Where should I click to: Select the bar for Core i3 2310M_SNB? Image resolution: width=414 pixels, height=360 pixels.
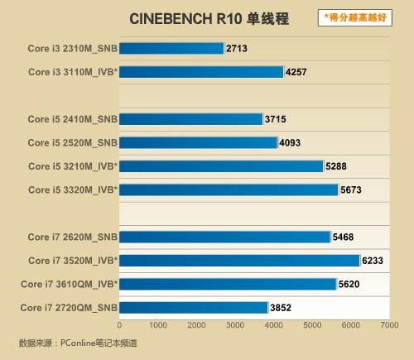point(171,49)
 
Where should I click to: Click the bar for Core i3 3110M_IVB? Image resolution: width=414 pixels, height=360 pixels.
point(201,72)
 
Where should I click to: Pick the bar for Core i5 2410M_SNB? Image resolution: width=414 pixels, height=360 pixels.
point(191,119)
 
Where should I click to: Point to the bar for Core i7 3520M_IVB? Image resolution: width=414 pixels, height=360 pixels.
point(240,261)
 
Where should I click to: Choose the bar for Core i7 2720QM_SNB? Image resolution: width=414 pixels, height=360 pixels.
point(194,308)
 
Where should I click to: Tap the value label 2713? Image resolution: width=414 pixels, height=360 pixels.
point(237,49)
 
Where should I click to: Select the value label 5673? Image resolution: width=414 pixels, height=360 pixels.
point(352,190)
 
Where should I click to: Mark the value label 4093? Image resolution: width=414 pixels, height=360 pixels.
point(290,143)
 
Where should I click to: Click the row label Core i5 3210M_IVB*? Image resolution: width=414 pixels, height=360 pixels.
point(73,166)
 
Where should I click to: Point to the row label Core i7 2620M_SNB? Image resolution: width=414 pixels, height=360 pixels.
point(73,238)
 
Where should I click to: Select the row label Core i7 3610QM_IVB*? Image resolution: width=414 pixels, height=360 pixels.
point(69,285)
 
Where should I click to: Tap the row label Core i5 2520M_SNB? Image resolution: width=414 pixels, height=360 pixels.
point(73,143)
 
